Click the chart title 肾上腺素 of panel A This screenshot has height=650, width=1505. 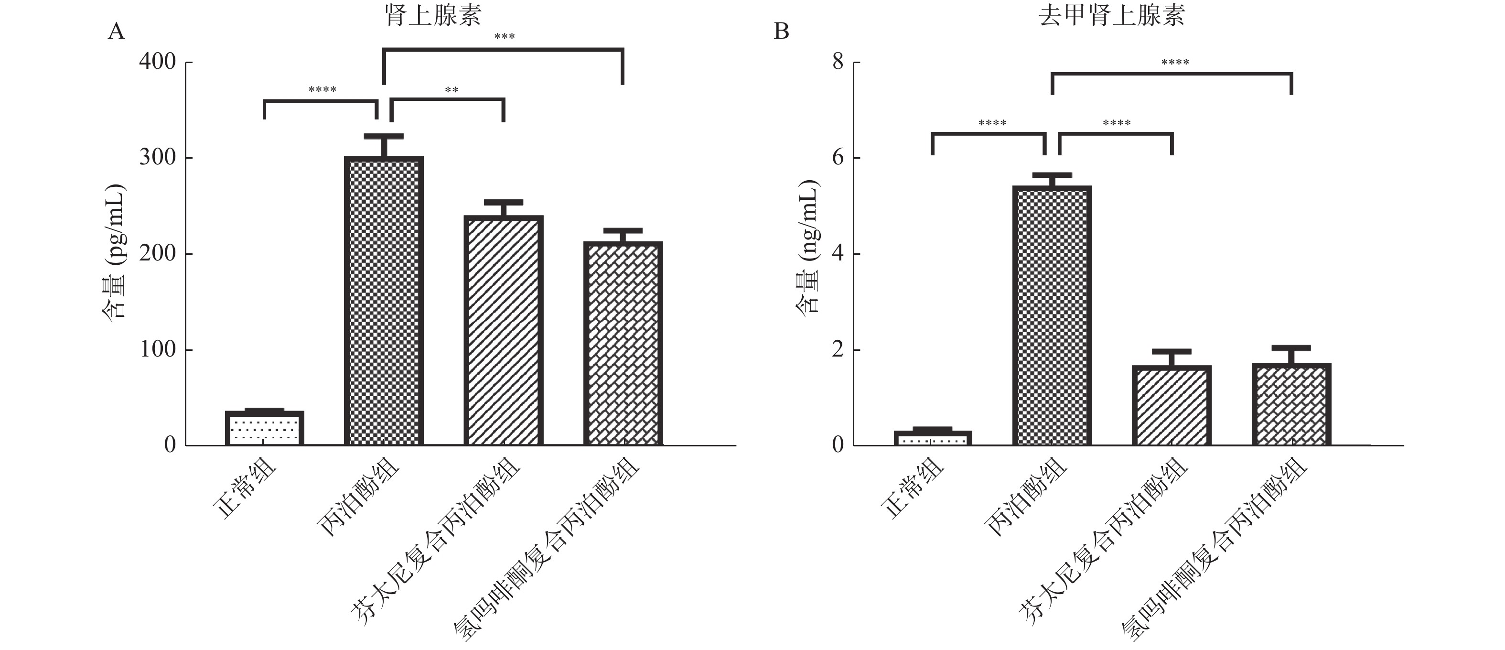[x=433, y=15]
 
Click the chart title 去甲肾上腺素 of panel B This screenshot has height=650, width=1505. [x=1111, y=15]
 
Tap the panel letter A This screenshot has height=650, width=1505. [x=116, y=32]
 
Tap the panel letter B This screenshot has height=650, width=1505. [x=781, y=32]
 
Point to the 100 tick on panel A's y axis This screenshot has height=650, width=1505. [x=157, y=349]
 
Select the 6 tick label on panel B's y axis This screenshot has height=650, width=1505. [x=838, y=158]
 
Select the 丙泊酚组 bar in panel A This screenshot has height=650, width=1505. [x=384, y=301]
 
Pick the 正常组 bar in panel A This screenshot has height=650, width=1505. [x=265, y=428]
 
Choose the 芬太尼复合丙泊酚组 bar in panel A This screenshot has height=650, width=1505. [x=504, y=330]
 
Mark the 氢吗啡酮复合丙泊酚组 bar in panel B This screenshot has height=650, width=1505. [x=1291, y=404]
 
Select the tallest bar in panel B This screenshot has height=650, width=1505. [x=1052, y=315]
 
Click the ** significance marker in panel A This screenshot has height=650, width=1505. [x=451, y=90]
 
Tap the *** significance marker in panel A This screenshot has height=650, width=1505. [x=504, y=37]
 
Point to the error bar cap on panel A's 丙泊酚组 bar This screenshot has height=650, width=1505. [x=384, y=136]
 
